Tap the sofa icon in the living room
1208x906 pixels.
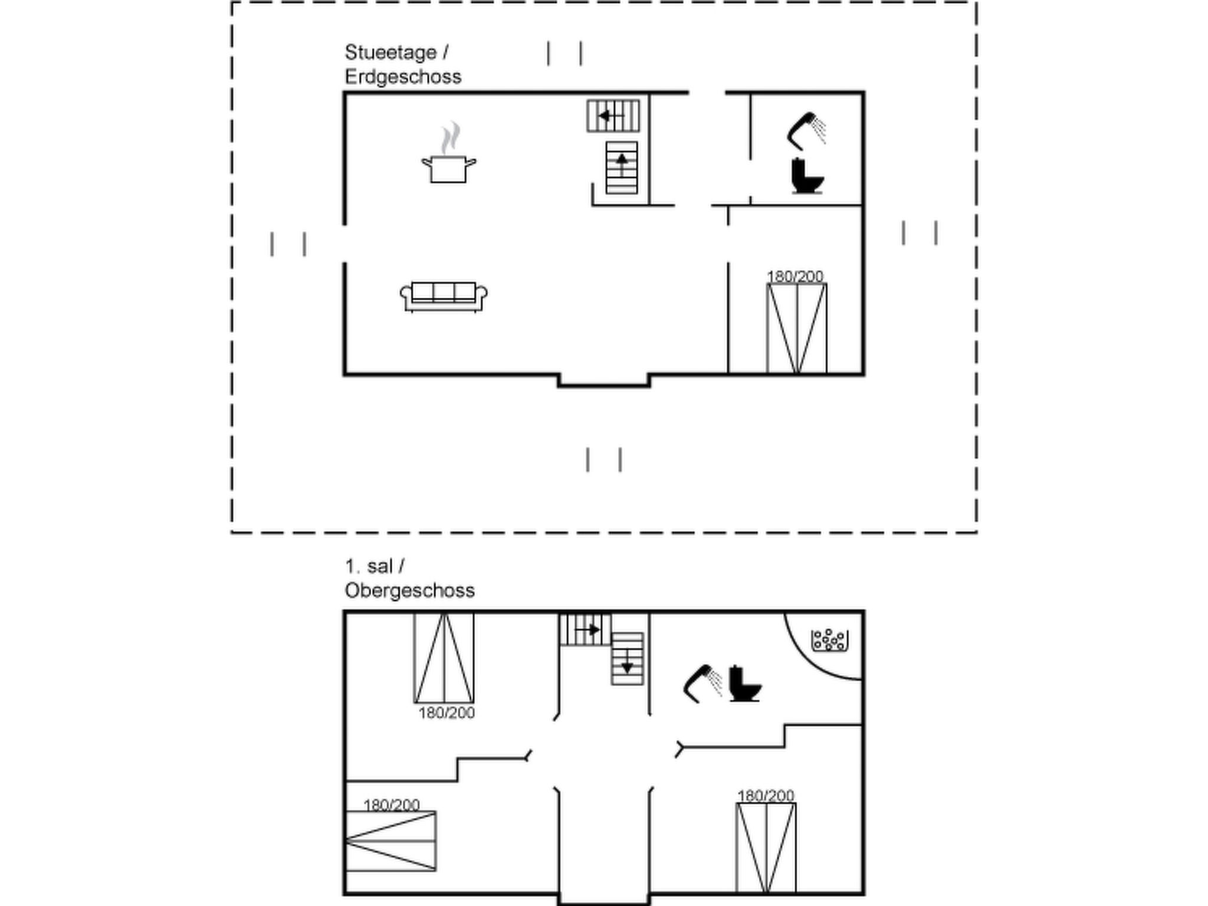(444, 297)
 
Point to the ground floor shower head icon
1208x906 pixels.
(806, 131)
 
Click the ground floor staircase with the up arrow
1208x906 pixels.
(622, 168)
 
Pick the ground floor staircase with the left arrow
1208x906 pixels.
(613, 116)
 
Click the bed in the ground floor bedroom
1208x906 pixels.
(797, 329)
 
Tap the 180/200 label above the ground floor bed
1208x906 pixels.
(795, 276)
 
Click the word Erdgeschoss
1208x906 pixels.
(403, 77)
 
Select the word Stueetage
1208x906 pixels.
(390, 52)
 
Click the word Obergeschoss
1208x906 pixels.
(409, 590)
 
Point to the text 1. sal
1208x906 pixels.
(369, 566)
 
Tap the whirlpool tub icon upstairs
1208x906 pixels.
(829, 640)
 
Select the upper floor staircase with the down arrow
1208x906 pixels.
(627, 659)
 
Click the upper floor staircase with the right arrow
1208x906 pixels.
(585, 629)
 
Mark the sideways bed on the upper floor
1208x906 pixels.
(390, 841)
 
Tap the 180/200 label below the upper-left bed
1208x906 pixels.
(447, 713)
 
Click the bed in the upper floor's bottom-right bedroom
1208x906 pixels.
(766, 848)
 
